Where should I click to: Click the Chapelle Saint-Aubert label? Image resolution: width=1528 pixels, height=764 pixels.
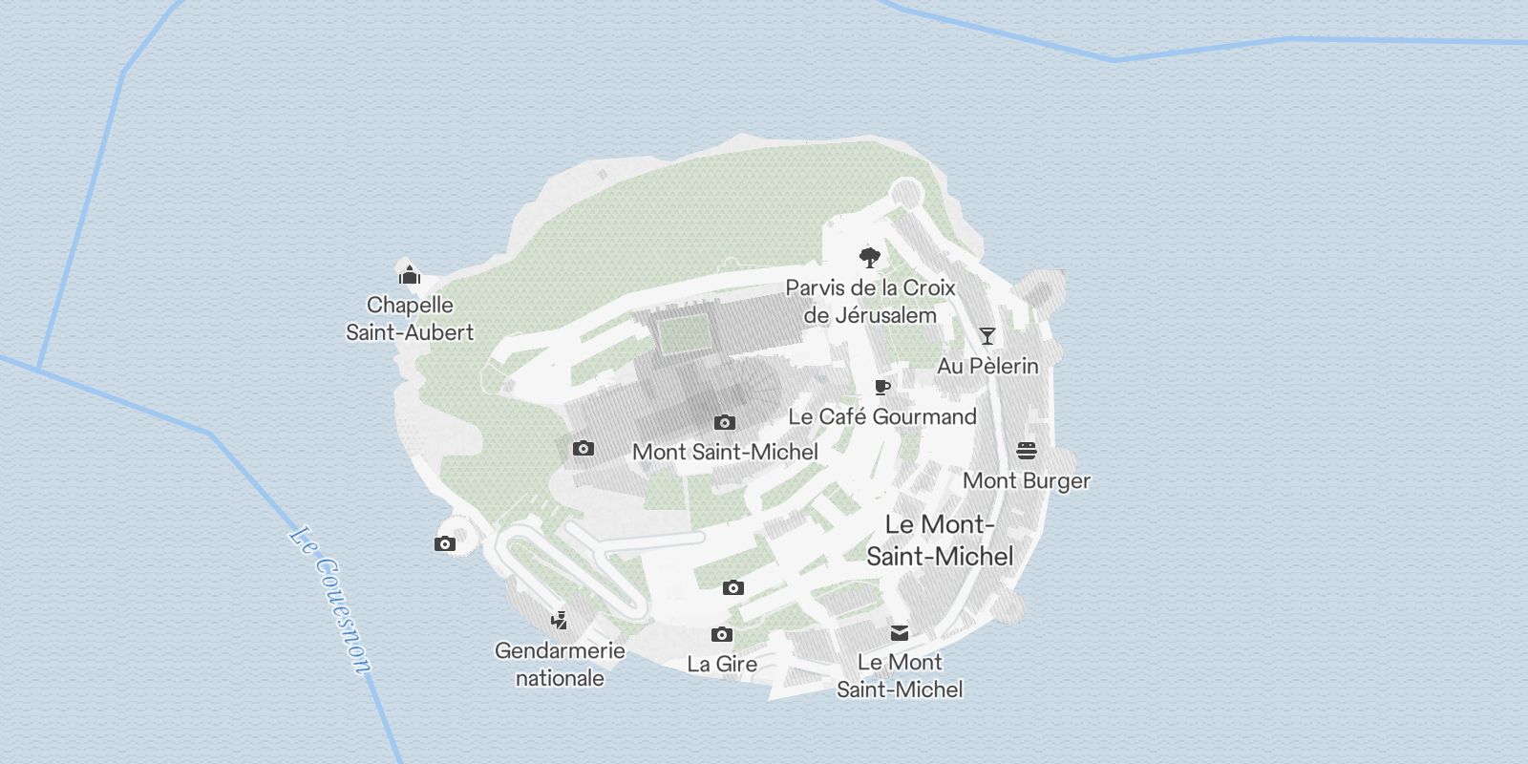(410, 319)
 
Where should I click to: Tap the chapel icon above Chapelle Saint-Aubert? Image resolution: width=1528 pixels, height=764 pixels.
(410, 274)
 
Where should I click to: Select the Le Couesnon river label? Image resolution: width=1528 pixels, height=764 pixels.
(329, 601)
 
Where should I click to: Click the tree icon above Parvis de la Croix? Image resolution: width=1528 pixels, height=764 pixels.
(869, 257)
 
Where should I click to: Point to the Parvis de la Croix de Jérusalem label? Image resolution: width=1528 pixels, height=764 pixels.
(870, 301)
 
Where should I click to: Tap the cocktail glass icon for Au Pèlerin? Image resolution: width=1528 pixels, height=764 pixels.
(987, 336)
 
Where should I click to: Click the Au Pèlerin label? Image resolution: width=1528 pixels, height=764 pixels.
(987, 366)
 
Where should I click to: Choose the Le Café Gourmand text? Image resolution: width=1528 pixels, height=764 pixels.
(882, 416)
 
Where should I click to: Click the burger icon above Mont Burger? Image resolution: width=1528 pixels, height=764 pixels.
(1027, 451)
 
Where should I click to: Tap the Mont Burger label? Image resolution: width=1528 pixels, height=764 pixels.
(1027, 480)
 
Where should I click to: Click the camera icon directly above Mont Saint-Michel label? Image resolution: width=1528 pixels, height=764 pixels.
(725, 422)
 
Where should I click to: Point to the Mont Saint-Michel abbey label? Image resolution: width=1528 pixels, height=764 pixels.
(725, 452)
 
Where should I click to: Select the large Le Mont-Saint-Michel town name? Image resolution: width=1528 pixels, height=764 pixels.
(940, 540)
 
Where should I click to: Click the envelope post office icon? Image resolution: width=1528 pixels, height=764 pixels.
(900, 632)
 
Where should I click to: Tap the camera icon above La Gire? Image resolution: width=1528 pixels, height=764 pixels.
(722, 634)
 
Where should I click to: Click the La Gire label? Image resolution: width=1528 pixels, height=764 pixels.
(722, 664)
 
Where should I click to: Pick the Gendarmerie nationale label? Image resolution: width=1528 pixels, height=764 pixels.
(560, 665)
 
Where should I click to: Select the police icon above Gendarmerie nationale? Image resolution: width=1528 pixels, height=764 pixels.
(560, 621)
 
